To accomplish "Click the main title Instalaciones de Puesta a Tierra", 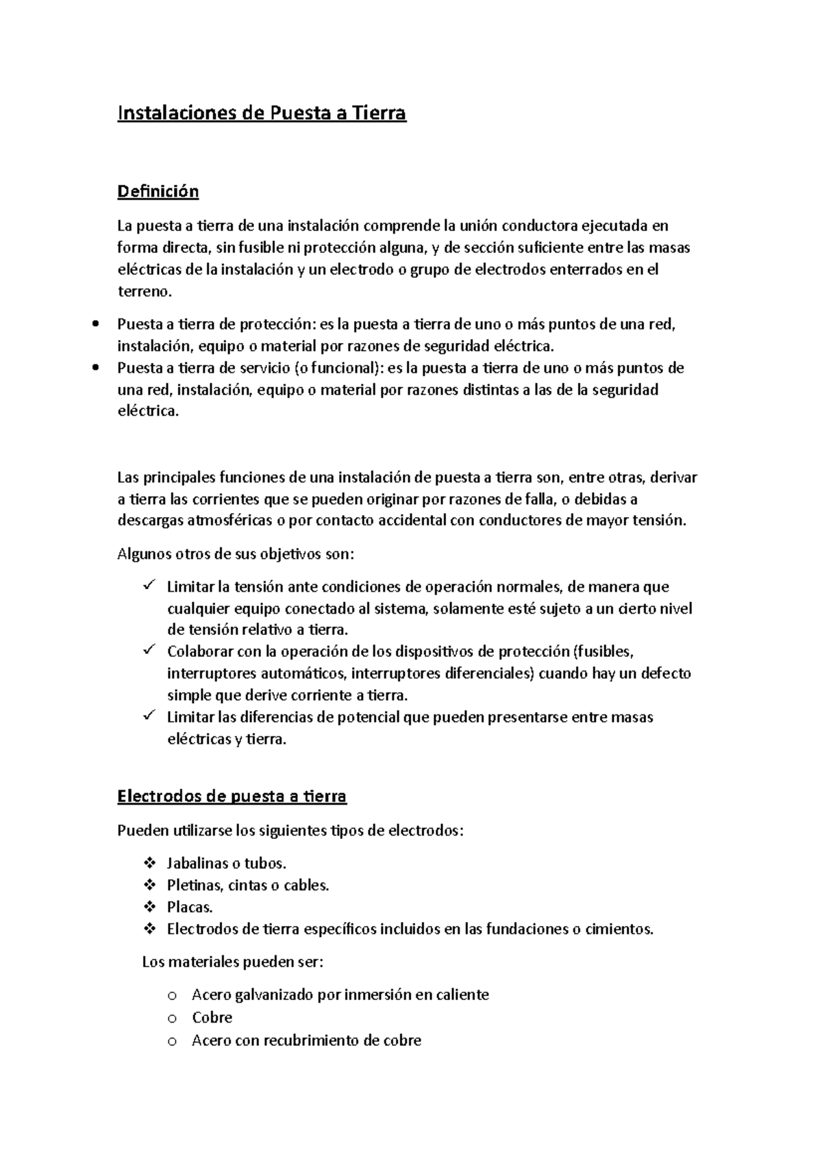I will coord(262,113).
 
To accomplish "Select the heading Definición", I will coord(158,191).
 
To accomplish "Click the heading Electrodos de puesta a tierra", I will coord(232,797).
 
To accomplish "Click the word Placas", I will coord(190,908).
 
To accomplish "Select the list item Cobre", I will coord(212,1018).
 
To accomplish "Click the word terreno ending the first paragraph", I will coord(142,292).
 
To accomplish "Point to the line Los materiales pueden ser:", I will coord(232,962).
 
